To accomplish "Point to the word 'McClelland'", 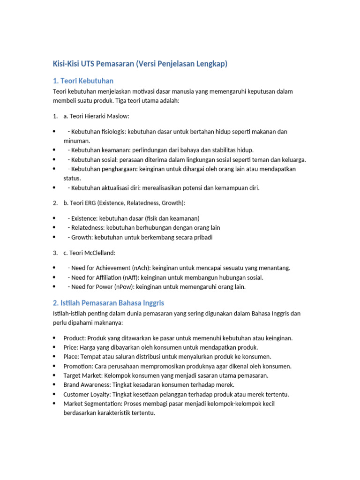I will pos(99,253).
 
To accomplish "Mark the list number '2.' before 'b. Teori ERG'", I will pos(55,203).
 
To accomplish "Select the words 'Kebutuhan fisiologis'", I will pos(98,132).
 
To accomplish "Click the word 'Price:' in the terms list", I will pos(71,347).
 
